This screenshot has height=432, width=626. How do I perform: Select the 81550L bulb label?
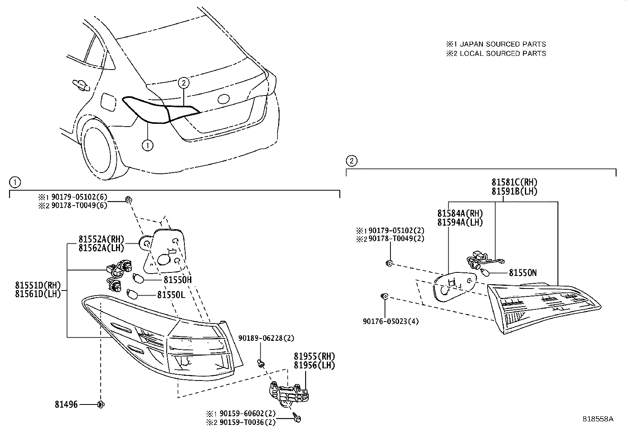pos(171,294)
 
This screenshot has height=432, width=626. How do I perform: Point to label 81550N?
pos(523,273)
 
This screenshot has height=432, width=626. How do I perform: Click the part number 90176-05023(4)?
pos(390,322)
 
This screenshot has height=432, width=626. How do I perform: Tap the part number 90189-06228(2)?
pos(266,338)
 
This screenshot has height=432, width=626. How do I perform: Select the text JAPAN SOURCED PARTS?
pos(503,44)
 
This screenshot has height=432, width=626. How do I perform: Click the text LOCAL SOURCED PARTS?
pos(503,53)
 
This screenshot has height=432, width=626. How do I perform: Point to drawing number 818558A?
pos(598,419)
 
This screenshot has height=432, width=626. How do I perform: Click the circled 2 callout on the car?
pos(184,83)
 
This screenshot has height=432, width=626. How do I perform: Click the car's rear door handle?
pos(80,84)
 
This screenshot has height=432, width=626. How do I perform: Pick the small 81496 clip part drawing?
pos(101,404)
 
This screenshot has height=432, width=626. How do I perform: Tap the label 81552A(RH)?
pos(101,239)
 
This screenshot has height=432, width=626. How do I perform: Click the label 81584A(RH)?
pos(460,213)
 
